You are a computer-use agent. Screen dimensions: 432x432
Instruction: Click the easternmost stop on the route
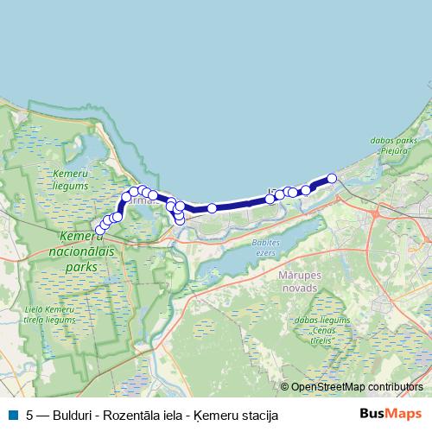click(x=332, y=179)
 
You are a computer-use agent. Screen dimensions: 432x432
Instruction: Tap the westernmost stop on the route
click(x=100, y=230)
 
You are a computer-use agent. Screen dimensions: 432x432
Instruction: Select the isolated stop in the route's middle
click(x=212, y=208)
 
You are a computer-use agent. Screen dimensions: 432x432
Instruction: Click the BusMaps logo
click(x=391, y=414)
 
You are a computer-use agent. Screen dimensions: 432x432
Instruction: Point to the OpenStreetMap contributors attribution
click(x=356, y=387)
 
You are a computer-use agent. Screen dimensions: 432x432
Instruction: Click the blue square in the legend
click(x=12, y=415)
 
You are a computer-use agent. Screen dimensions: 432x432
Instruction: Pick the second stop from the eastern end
click(x=305, y=189)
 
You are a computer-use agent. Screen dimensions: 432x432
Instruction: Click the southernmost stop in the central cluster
click(x=179, y=220)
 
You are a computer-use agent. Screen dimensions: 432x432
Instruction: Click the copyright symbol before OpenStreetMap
click(x=285, y=387)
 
